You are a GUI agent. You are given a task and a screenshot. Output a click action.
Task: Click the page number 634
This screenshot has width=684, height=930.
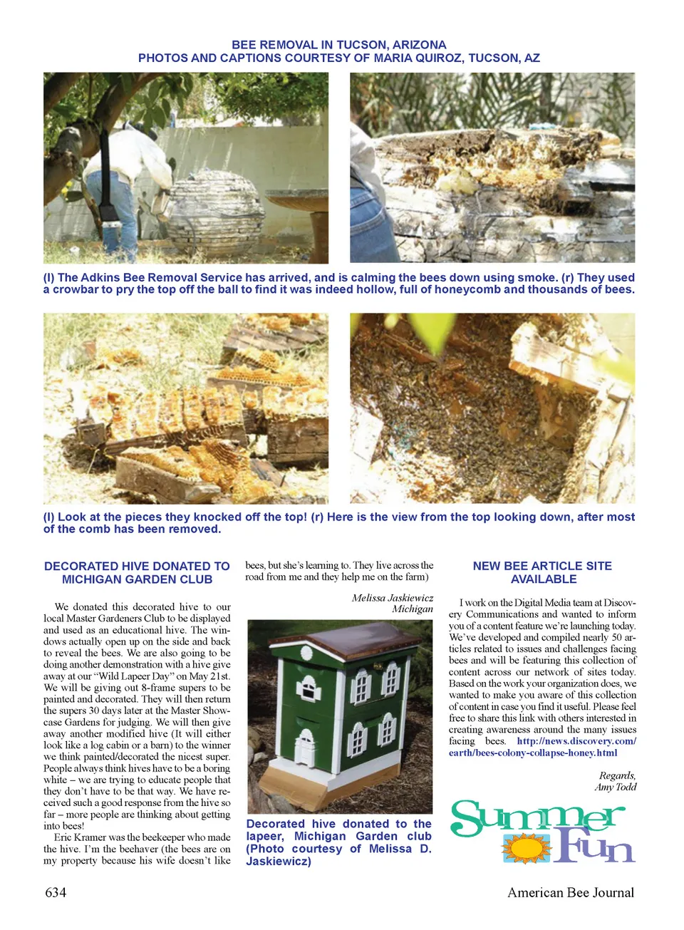(56, 892)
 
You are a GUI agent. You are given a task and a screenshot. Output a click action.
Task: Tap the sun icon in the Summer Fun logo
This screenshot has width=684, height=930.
(527, 848)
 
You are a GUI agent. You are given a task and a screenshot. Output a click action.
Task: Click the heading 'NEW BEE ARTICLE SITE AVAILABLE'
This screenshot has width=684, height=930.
(543, 572)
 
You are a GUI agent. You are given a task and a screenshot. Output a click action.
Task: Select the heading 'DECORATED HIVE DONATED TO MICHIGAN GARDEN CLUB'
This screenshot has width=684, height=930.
(137, 572)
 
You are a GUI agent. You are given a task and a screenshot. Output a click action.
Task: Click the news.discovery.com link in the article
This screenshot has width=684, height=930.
(576, 741)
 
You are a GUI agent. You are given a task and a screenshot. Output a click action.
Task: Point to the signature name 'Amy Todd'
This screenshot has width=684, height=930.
(616, 787)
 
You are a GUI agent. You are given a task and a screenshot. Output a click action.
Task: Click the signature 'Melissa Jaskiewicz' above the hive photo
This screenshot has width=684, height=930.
(392, 598)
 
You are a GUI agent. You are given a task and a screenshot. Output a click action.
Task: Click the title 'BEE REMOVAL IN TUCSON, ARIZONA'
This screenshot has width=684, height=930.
(339, 44)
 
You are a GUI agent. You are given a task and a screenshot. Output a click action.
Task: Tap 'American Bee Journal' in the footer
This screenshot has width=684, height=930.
(570, 892)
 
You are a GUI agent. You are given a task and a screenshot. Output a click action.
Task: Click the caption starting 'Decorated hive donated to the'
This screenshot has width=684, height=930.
(339, 842)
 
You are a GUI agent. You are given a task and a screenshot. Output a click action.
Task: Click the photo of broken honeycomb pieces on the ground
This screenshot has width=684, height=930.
(186, 408)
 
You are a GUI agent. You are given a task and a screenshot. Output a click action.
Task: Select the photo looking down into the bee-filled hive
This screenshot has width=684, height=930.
(492, 408)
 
